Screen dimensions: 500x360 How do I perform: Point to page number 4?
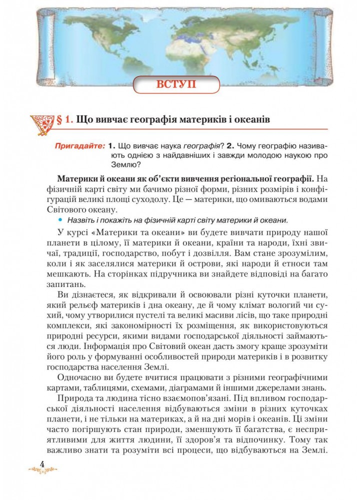[42, 464]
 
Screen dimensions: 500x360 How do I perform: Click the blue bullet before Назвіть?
[61, 220]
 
